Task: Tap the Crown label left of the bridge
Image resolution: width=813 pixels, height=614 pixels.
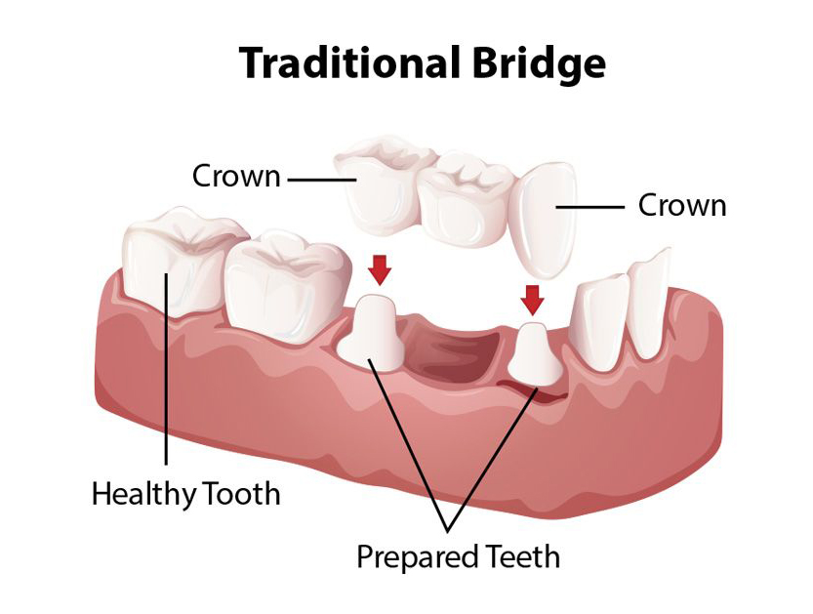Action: (x=236, y=177)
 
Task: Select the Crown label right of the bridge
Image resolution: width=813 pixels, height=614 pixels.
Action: (x=682, y=206)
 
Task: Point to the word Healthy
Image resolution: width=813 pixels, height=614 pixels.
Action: (x=143, y=494)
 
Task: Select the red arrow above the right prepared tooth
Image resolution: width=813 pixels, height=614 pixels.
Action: (x=532, y=298)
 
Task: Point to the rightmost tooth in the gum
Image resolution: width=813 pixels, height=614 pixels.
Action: (x=649, y=303)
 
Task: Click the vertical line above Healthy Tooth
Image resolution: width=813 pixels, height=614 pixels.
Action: (x=167, y=390)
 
